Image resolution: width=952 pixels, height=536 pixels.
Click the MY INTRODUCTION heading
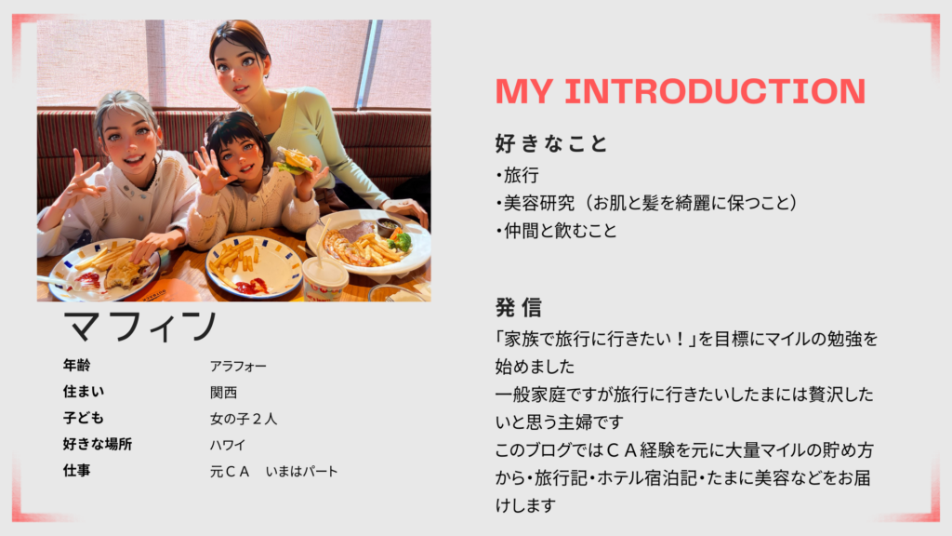(x=680, y=91)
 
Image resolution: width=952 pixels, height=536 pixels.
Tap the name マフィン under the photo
(x=139, y=326)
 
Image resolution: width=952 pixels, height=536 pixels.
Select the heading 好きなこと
(x=550, y=143)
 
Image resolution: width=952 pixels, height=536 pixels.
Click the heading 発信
(x=519, y=307)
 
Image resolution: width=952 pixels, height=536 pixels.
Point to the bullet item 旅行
(x=517, y=175)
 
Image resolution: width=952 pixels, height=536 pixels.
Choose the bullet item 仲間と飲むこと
(x=556, y=231)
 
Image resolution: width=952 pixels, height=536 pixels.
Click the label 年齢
(x=76, y=365)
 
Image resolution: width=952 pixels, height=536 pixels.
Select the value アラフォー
(x=238, y=367)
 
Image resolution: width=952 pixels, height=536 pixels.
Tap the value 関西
(x=223, y=393)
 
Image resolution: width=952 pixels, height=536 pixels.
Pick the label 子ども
(x=83, y=418)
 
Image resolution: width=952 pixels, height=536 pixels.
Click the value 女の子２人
(x=244, y=419)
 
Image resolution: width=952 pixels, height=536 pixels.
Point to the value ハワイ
(x=228, y=445)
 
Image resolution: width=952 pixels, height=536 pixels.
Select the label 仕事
(x=76, y=470)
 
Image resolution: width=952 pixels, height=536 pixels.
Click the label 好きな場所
(x=97, y=444)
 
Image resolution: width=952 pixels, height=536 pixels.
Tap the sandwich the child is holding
(x=295, y=161)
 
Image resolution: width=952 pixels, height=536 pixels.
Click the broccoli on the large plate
(x=400, y=241)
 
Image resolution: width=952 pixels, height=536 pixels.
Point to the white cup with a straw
(x=324, y=276)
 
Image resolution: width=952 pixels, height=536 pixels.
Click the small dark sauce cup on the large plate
(x=388, y=227)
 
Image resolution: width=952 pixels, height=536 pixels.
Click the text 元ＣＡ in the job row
(x=230, y=472)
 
